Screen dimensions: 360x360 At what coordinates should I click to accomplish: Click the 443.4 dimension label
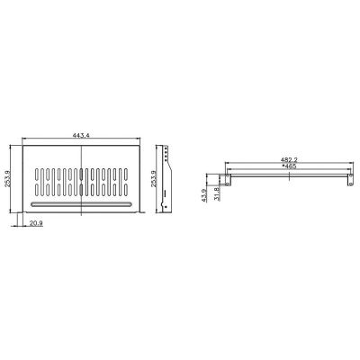pos(81,135)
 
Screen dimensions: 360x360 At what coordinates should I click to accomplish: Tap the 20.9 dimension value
pos(36,222)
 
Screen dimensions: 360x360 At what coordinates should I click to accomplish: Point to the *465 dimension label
pos(289,166)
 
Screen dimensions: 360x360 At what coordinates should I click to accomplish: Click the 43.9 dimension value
pos(204,195)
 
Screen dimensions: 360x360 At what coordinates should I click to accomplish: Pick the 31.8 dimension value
pos(217,193)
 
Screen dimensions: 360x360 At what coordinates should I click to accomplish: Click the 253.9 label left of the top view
pos(7,179)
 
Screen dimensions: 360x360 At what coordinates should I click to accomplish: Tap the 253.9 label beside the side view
pos(154,179)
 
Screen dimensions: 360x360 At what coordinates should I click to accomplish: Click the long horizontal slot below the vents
pos(81,204)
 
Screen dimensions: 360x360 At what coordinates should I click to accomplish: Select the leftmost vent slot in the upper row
pos(37,174)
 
